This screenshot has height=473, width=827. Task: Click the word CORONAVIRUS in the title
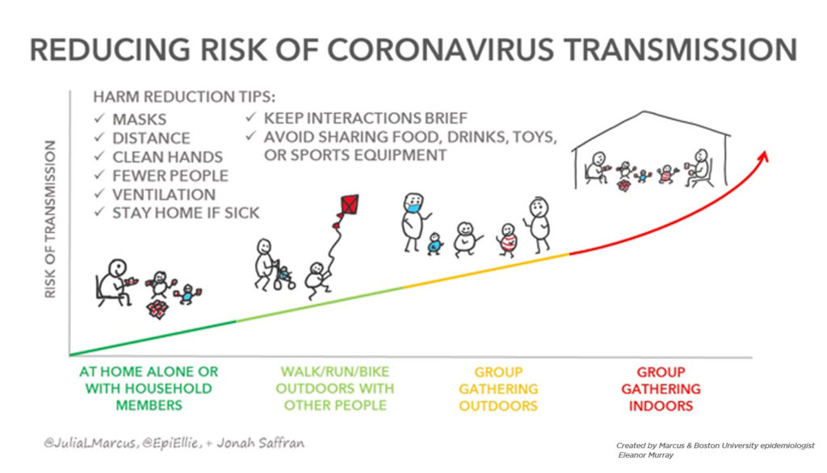point(440,49)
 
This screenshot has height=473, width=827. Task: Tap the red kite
point(350,205)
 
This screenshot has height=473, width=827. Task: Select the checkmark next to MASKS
point(99,118)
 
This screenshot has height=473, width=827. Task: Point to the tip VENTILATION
point(164,195)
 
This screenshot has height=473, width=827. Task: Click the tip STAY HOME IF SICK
point(186,213)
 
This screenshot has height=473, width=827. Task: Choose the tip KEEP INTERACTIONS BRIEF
point(366,118)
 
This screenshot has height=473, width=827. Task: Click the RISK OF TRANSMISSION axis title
point(50,219)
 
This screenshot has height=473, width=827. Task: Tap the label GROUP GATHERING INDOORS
point(661,389)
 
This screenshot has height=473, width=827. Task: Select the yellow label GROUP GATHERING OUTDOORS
point(498,389)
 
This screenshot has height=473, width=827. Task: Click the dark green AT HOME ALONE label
point(149,389)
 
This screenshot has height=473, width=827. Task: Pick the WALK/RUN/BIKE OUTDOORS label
point(335,389)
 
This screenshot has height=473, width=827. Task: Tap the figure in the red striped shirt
point(507,240)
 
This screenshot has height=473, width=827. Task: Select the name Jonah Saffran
point(261,443)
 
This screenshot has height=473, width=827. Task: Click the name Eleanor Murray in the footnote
point(645,455)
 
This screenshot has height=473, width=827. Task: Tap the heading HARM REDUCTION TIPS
point(184,97)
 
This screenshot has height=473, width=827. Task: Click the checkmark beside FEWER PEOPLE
point(99,175)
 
